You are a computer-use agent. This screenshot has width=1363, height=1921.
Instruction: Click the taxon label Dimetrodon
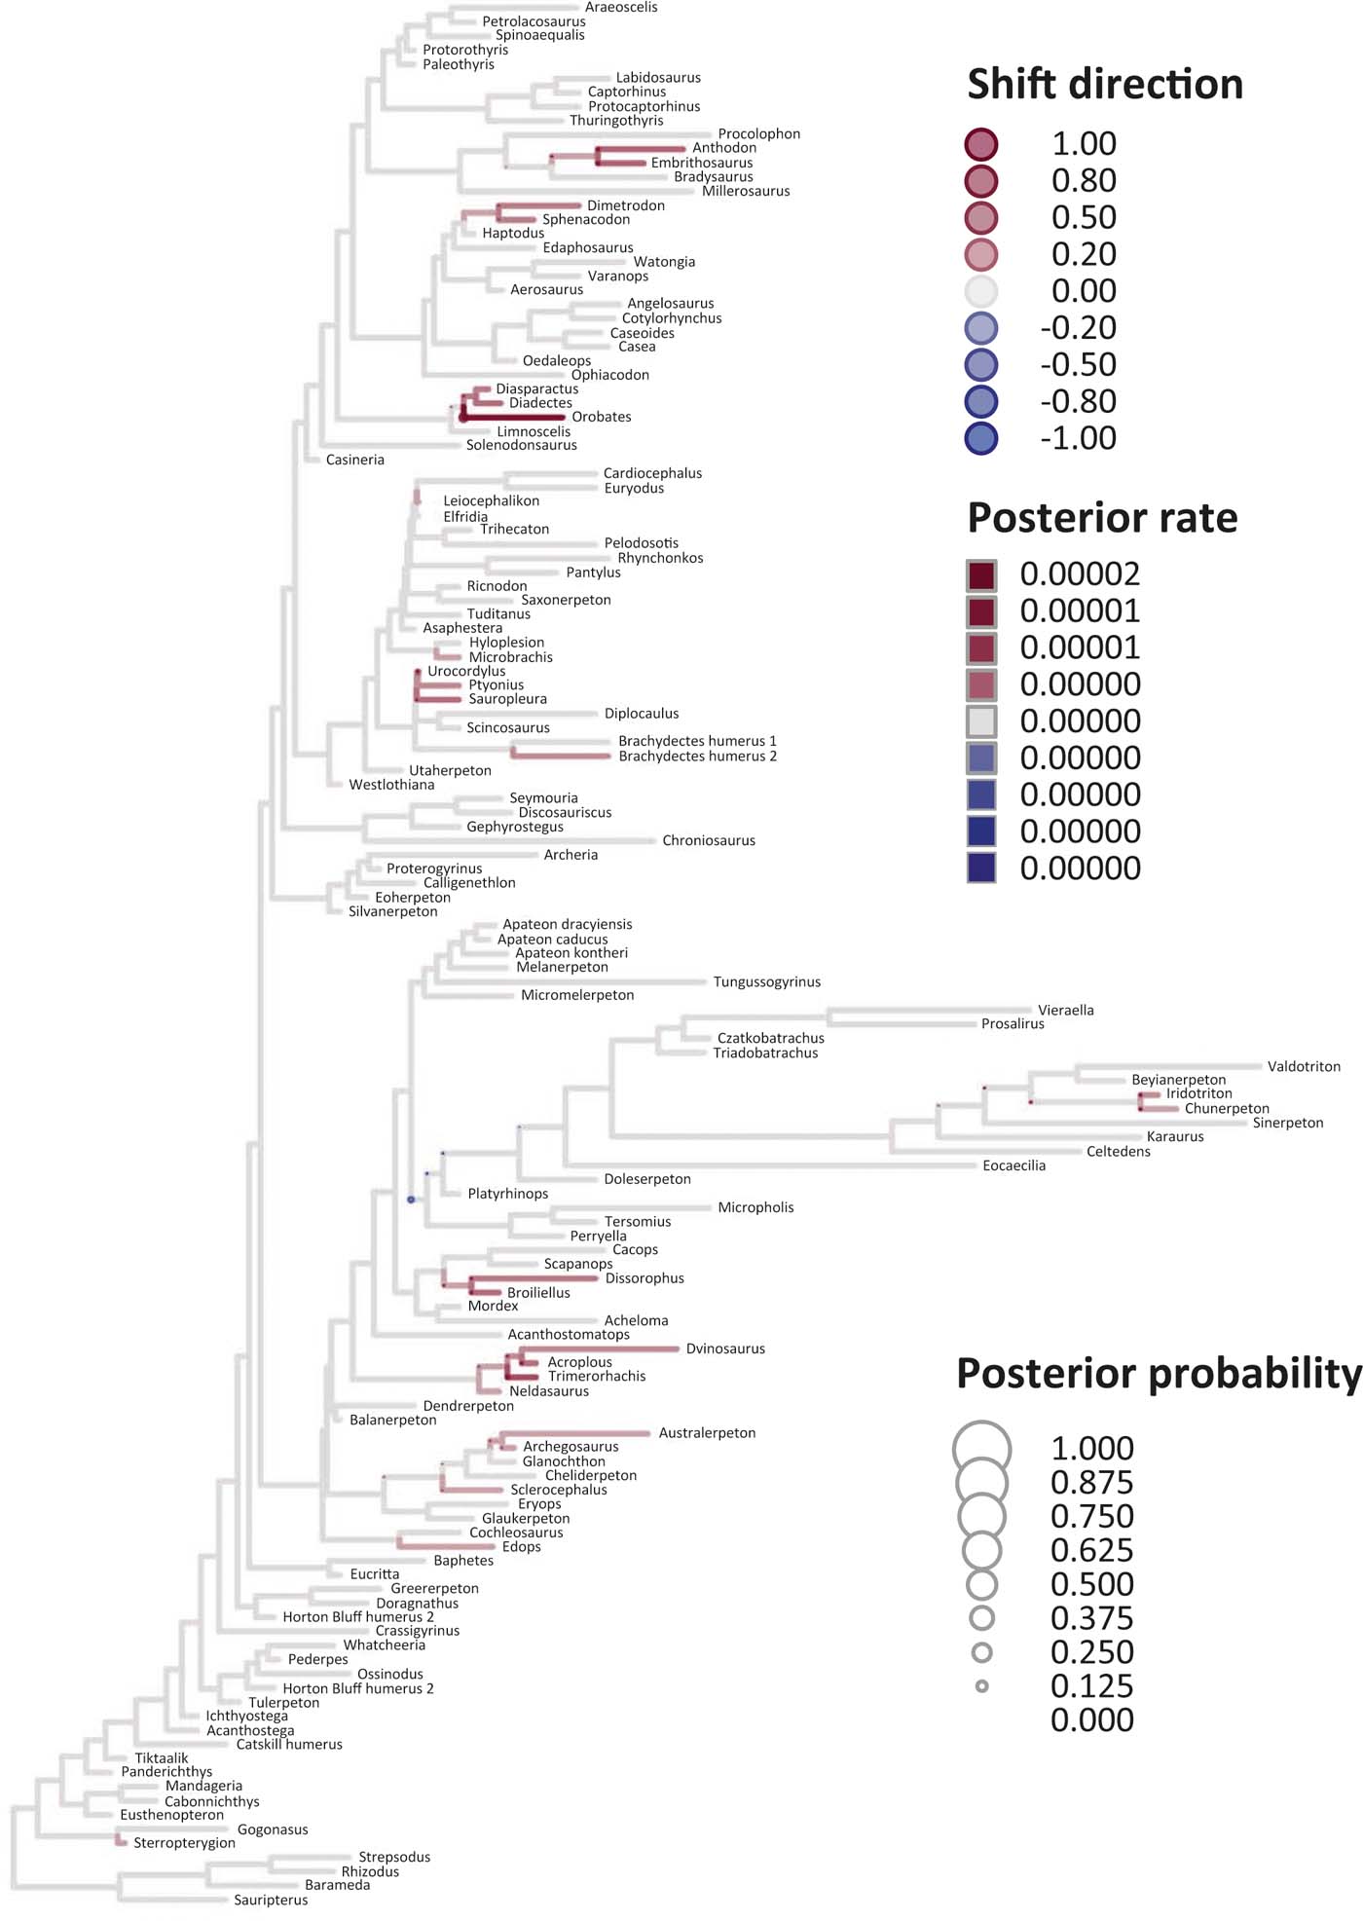625,205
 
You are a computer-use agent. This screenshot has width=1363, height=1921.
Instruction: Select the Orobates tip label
601,417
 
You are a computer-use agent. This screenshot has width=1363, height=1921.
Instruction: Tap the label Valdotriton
1303,1066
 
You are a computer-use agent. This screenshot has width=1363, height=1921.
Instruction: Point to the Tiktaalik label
162,1757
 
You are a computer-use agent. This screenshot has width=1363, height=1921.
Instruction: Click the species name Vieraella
1065,1010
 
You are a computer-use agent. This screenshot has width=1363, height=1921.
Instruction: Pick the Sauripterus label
271,1900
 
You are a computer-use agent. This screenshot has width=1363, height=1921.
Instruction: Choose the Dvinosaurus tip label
724,1348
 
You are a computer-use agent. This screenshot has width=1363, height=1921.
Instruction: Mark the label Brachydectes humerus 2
697,756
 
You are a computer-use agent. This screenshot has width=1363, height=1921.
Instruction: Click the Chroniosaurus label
708,840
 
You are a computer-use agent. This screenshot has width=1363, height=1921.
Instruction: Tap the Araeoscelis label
620,8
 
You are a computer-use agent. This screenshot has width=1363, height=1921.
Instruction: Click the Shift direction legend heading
1105,84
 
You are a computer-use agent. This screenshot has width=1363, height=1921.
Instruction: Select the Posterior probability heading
1159,1373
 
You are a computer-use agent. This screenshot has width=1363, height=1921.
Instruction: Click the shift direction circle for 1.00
981,144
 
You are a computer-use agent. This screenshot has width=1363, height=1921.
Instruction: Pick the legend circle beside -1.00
981,438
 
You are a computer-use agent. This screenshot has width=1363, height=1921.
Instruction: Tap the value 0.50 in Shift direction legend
1084,217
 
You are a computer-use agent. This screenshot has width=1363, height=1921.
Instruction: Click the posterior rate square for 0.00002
981,574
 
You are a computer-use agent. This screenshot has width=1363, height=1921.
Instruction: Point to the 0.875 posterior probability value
1091,1482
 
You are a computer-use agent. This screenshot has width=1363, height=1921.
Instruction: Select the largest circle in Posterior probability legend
981,1449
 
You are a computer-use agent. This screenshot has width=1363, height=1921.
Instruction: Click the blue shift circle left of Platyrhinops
411,1200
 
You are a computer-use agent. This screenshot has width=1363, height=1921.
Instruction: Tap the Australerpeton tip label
706,1432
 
